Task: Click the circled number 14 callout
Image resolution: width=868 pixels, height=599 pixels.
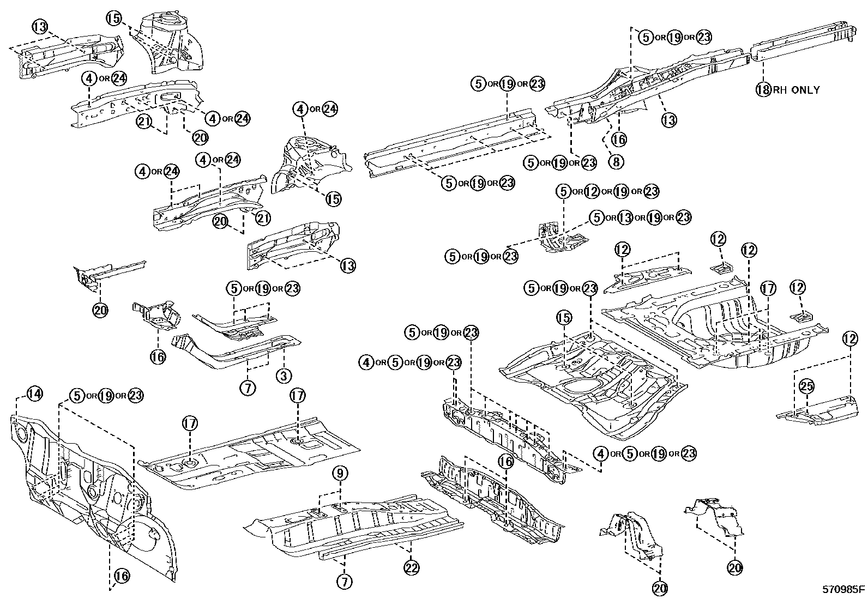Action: click(34, 393)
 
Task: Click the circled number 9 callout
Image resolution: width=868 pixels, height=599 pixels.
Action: click(340, 474)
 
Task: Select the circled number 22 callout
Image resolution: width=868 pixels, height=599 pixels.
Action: click(412, 567)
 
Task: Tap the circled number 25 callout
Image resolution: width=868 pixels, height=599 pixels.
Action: click(806, 386)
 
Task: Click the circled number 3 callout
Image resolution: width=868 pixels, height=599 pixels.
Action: click(284, 375)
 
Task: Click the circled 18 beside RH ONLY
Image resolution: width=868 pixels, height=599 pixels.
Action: click(763, 89)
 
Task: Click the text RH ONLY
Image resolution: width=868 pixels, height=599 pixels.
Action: click(795, 90)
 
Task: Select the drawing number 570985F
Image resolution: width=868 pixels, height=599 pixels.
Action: click(843, 589)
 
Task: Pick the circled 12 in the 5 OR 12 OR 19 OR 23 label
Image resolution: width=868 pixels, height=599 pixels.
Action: click(592, 191)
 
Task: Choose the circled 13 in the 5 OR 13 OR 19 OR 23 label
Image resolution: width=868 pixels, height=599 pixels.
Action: click(625, 217)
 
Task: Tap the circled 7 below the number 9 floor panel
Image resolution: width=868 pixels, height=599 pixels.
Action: click(344, 582)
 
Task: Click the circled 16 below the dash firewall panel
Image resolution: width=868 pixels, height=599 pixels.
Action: click(122, 575)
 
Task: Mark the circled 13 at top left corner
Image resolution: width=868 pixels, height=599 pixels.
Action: click(39, 26)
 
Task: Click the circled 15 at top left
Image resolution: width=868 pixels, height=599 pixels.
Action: click(114, 19)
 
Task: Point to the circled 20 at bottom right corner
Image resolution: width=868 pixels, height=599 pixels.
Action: click(735, 567)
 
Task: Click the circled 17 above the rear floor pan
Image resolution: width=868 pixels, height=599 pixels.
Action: click(768, 288)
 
